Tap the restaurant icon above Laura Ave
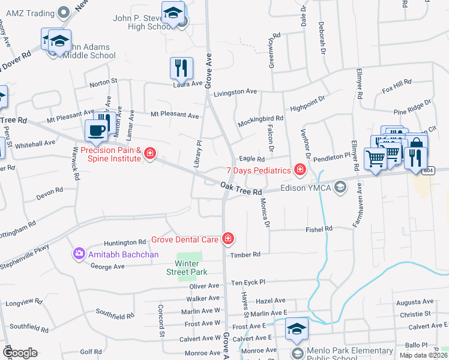(181, 68)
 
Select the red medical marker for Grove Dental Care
(228, 239)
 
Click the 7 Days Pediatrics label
(258, 171)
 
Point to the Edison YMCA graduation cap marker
(341, 187)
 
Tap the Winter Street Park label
(187, 268)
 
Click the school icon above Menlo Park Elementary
(297, 329)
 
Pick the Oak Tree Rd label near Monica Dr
(241, 188)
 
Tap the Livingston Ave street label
(235, 92)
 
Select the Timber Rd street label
(245, 254)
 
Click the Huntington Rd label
(125, 243)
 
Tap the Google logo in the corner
(19, 353)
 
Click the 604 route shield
(427, 170)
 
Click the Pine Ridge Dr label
(412, 107)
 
